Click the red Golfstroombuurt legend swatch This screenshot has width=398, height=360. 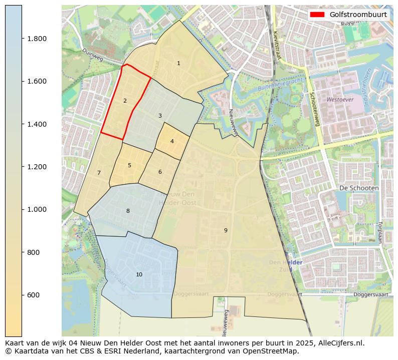pyautogui.click(x=318, y=15)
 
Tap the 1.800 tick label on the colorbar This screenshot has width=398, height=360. pyautogui.click(x=37, y=39)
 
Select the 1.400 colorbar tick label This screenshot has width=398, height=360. pyautogui.click(x=37, y=124)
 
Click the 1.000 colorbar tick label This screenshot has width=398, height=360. pyautogui.click(x=37, y=209)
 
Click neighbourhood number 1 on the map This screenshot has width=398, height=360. pyautogui.click(x=178, y=63)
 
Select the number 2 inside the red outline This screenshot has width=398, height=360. pyautogui.click(x=125, y=101)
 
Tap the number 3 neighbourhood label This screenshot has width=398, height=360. pyautogui.click(x=160, y=116)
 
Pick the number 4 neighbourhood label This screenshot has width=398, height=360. pyautogui.click(x=172, y=141)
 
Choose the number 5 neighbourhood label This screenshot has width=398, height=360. pyautogui.click(x=129, y=165)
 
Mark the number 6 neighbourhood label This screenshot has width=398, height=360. pyautogui.click(x=160, y=172)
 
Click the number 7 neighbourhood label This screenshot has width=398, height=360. pyautogui.click(x=99, y=173)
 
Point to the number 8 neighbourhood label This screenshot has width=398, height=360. pyautogui.click(x=128, y=211)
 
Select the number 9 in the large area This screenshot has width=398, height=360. pyautogui.click(x=226, y=230)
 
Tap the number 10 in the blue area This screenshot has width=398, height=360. pyautogui.click(x=139, y=274)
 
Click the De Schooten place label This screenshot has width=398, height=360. pyautogui.click(x=358, y=187)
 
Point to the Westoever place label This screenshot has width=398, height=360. pyautogui.click(x=340, y=100)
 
